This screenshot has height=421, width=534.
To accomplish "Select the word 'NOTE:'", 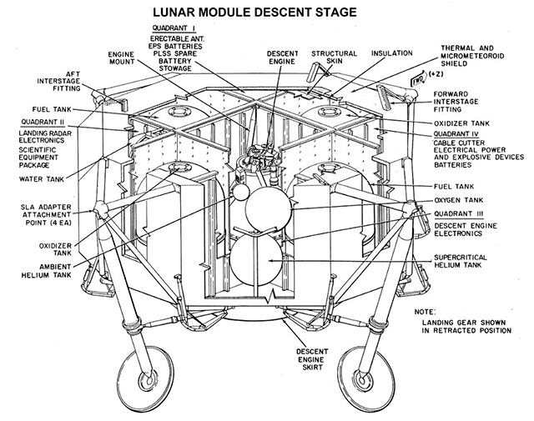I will [448, 313].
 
